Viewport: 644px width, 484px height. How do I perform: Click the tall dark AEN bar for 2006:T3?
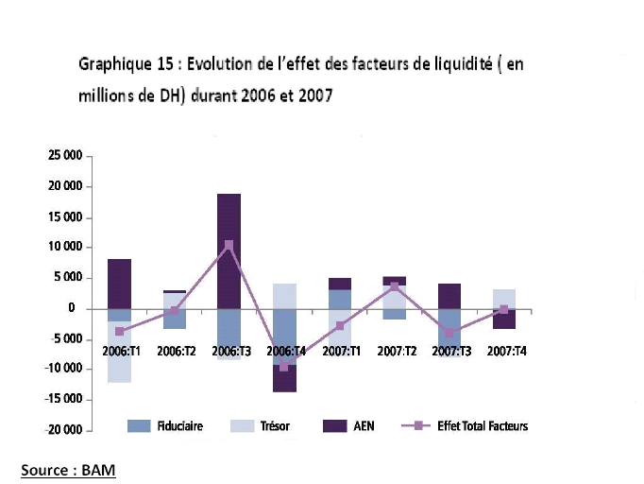point(229,251)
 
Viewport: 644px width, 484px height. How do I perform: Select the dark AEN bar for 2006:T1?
point(119,284)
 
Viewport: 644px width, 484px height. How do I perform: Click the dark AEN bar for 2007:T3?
point(449,296)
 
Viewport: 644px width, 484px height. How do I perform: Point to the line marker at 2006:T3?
point(229,245)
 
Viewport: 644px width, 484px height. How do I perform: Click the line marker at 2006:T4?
point(284,367)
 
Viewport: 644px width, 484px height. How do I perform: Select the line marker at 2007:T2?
point(395,286)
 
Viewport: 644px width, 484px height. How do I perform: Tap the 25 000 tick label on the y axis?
point(65,156)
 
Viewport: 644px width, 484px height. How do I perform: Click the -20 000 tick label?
point(63,430)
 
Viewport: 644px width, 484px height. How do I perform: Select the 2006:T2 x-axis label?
point(176,351)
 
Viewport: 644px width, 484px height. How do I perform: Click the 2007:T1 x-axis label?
point(339,351)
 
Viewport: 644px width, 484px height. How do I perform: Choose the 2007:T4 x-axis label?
point(504,351)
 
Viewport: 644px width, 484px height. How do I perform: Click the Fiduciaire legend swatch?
point(139,426)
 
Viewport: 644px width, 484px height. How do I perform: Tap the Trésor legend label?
point(275,426)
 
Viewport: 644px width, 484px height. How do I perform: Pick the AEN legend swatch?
point(334,426)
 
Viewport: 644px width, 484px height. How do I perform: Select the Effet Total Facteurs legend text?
point(483,426)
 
